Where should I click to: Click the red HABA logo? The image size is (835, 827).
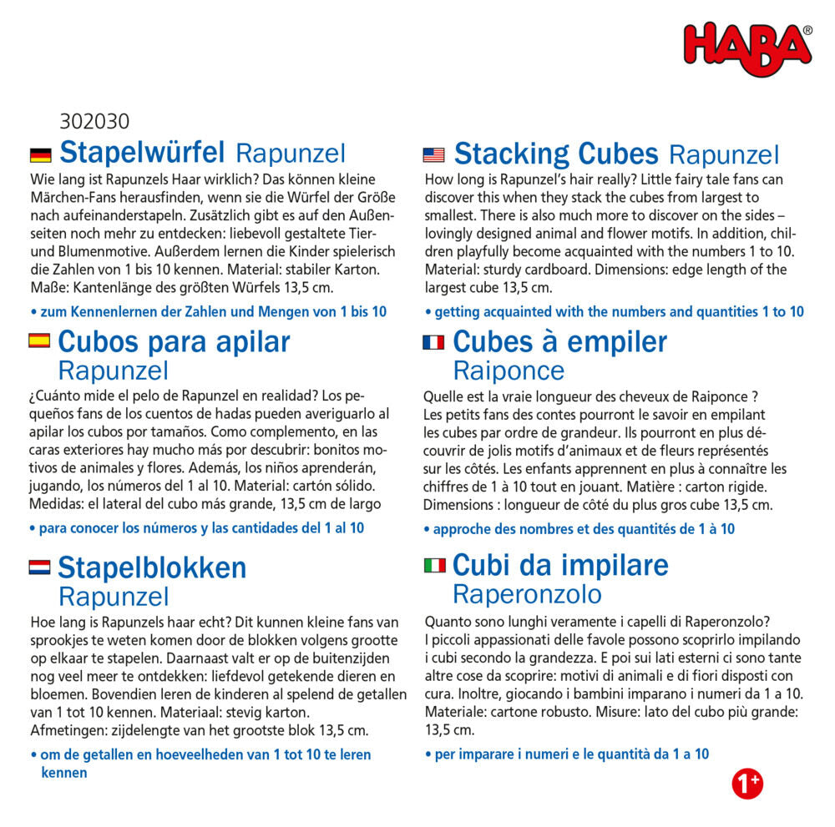747,49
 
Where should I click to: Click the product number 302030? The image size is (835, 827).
94,122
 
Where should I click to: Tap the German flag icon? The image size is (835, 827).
40,154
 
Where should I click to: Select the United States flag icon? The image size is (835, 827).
433,154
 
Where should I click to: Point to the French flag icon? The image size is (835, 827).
433,342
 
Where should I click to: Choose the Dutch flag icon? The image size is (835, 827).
39,567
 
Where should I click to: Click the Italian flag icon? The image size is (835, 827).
434,566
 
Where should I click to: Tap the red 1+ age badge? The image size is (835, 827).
746,783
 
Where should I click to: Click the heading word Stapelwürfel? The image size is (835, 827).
143,153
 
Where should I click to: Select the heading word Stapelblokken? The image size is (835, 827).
152,567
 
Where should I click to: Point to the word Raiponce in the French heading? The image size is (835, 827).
509,370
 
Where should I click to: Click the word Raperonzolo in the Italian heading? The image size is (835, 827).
527,594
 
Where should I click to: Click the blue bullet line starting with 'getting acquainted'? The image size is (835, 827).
615,311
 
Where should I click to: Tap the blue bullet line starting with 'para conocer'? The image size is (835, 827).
196,527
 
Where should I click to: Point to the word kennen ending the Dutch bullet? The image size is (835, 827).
63,773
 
